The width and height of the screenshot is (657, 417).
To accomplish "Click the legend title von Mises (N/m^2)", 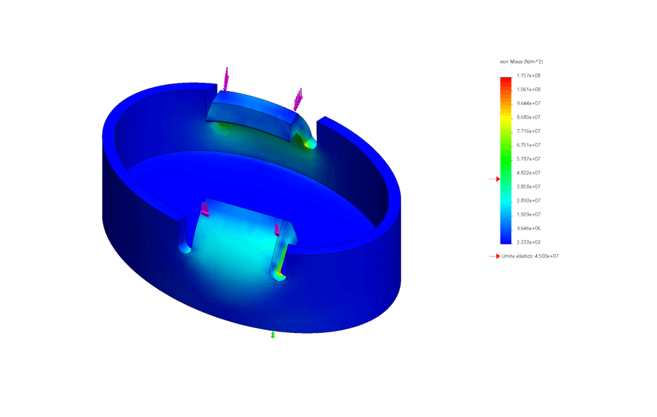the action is pyautogui.click(x=521, y=62).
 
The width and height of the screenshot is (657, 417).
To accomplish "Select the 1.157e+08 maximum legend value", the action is pyautogui.click(x=529, y=76).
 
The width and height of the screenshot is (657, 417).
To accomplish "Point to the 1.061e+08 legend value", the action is pyautogui.click(x=529, y=90).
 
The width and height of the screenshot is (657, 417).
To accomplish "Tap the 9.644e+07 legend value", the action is pyautogui.click(x=529, y=103).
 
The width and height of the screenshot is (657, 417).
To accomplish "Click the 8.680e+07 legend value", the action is pyautogui.click(x=529, y=117).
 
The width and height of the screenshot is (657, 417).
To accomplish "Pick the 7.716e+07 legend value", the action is pyautogui.click(x=529, y=131).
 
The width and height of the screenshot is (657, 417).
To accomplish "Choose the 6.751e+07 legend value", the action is pyautogui.click(x=529, y=145).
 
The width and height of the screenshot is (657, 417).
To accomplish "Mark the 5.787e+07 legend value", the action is pyautogui.click(x=529, y=159).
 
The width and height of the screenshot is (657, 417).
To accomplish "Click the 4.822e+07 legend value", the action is pyautogui.click(x=529, y=173).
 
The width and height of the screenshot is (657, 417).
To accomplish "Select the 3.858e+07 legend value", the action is pyautogui.click(x=529, y=187).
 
